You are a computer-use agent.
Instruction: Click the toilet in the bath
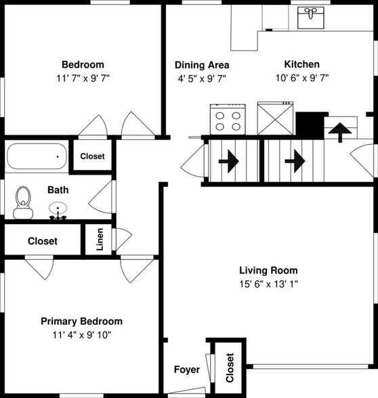[23, 202]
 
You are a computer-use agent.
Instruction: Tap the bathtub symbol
[37, 156]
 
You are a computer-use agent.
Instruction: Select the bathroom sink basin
[58, 208]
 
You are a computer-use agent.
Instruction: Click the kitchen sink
[311, 18]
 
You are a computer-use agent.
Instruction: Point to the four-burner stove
[228, 119]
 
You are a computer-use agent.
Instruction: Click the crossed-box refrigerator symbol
[275, 118]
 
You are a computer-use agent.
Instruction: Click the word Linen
[100, 240]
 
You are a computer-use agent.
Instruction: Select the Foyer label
[187, 370]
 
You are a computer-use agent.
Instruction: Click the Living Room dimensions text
[268, 284]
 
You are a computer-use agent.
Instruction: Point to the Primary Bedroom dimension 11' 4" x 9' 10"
[82, 335]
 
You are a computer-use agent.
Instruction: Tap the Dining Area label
[202, 65]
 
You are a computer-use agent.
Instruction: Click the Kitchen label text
[302, 64]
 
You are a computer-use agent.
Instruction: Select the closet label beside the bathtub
[92, 156]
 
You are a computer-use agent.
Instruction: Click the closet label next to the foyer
[230, 368]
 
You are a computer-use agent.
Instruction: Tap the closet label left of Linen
[43, 241]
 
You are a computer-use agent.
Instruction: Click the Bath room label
[58, 190]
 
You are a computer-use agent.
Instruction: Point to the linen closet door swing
[124, 239]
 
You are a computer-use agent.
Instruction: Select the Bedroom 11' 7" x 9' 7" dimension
[83, 79]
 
